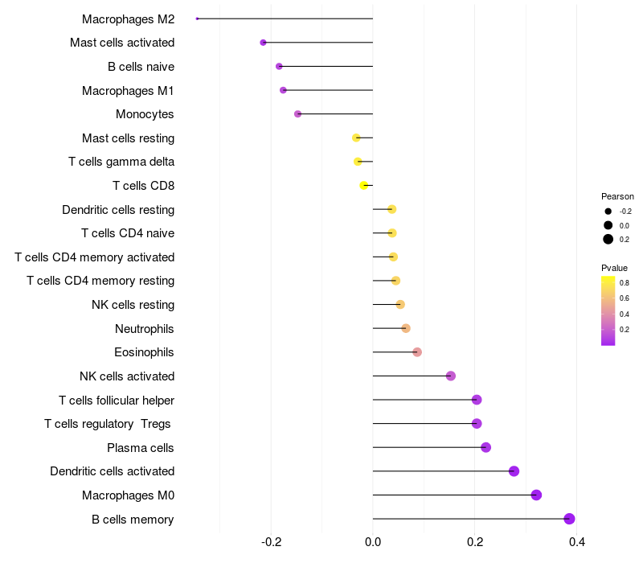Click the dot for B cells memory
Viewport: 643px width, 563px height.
569,519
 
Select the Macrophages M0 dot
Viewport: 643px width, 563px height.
536,495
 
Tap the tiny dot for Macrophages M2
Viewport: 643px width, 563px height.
197,18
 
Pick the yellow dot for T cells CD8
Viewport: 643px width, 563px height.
364,185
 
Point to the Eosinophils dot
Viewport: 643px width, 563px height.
416,352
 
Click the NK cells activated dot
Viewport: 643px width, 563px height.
450,376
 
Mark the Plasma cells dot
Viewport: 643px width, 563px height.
485,447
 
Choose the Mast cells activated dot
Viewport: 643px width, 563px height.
263,42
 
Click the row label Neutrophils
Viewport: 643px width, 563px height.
145,328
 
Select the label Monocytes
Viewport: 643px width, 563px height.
145,114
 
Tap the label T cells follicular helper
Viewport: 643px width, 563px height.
117,400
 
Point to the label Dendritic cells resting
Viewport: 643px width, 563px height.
118,210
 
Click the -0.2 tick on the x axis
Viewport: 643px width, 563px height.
271,543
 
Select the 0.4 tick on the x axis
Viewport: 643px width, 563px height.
576,543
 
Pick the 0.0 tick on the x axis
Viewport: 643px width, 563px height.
373,543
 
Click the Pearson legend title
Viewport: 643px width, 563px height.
617,196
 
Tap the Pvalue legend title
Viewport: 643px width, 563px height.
614,268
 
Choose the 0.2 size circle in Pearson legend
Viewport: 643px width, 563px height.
608,239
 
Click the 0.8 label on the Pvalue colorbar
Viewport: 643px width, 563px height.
625,283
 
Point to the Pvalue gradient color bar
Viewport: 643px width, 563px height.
608,310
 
